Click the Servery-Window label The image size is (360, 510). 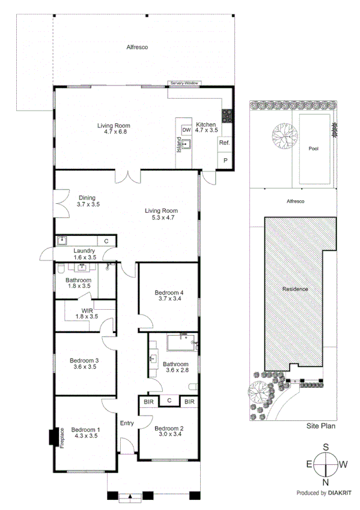point(184,83)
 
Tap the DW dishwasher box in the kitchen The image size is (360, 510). point(186,130)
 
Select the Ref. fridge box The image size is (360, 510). point(224,143)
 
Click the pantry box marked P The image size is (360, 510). point(225,161)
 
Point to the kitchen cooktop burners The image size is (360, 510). point(228,115)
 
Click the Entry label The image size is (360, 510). point(126,423)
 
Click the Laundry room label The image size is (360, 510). point(85,251)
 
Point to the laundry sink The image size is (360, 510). point(62,240)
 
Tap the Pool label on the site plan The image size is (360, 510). point(313,149)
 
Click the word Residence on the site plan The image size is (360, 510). point(294,289)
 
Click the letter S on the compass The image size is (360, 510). point(326,447)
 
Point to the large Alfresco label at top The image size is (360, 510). point(137,46)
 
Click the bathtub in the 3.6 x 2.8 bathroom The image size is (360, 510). point(182,344)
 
